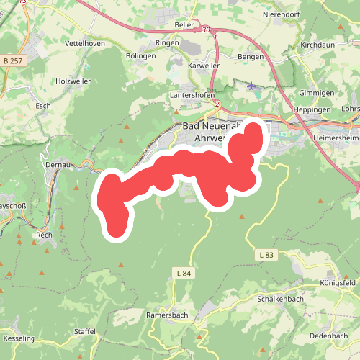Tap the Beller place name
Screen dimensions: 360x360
pyautogui.click(x=184, y=24)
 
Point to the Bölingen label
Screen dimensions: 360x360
pyautogui.click(x=140, y=55)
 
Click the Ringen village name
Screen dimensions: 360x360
pyautogui.click(x=167, y=43)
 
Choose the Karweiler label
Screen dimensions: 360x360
pyautogui.click(x=204, y=66)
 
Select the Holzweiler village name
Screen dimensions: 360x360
pyautogui.click(x=73, y=81)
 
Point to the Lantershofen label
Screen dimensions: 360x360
pyautogui.click(x=194, y=95)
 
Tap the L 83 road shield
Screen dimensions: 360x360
pyautogui.click(x=266, y=256)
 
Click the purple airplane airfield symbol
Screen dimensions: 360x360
pyautogui.click(x=251, y=86)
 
